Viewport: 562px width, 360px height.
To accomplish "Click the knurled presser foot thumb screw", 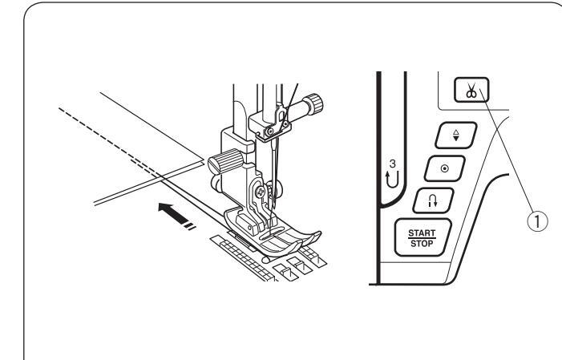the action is coord(217,164).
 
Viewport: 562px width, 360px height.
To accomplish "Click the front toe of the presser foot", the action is coord(310,235).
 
